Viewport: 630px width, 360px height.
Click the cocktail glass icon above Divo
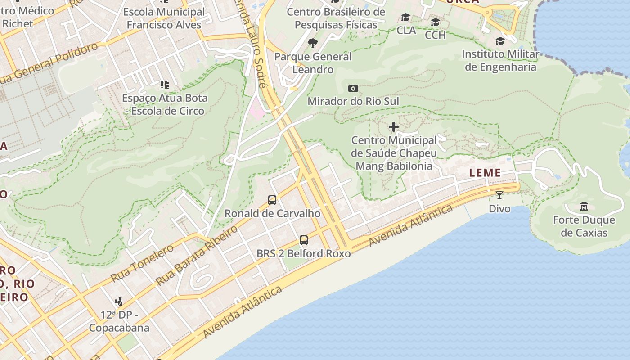[499, 195]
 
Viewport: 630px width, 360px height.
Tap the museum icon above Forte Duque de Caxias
[584, 207]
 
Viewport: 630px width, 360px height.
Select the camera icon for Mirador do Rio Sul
[353, 88]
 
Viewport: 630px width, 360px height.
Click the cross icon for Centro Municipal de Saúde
[394, 127]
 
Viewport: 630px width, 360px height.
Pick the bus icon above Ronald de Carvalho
[272, 200]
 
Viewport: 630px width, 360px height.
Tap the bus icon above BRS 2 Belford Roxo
[304, 240]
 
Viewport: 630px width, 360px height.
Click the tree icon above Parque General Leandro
[313, 43]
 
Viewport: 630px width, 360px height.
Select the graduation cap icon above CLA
[406, 18]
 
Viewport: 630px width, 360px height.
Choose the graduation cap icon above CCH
[435, 22]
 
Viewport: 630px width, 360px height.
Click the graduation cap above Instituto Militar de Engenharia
[500, 41]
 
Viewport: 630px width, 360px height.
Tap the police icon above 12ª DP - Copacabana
[119, 301]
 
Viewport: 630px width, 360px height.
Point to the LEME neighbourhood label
[485, 173]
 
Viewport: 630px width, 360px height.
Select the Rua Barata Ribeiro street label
[196, 256]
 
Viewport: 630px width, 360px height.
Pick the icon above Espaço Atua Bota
[165, 84]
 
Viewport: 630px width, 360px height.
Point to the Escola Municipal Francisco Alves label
[164, 18]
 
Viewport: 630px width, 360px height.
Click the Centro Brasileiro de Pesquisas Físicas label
[336, 18]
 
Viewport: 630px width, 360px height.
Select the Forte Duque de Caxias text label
[584, 226]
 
